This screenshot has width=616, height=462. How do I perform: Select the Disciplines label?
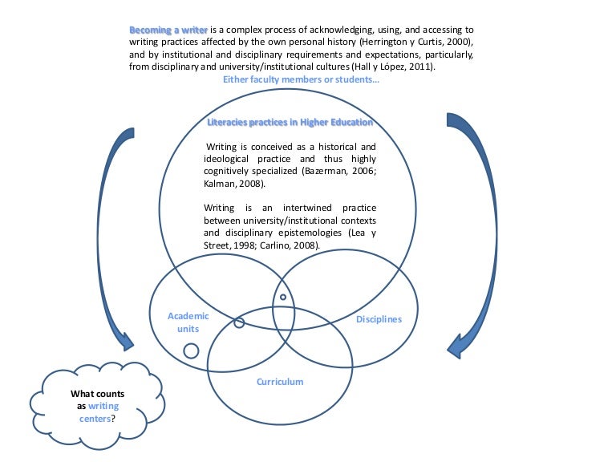click(x=379, y=319)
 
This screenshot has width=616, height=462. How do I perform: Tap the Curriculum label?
click(x=280, y=382)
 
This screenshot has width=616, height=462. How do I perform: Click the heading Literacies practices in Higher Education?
click(x=290, y=122)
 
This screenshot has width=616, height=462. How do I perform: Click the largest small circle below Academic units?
click(x=191, y=351)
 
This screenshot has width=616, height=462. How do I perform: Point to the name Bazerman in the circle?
click(x=320, y=172)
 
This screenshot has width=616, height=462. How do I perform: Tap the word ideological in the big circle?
click(x=229, y=160)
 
